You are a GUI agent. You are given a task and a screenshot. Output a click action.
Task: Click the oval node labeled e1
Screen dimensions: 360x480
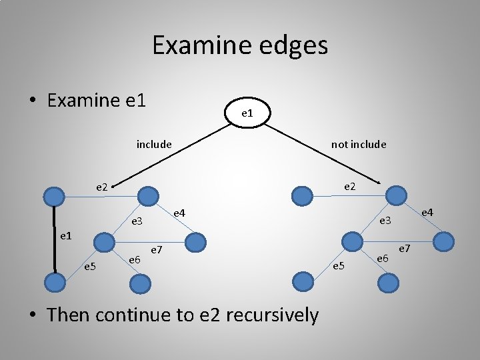[247, 113]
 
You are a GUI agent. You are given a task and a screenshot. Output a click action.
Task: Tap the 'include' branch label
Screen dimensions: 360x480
[154, 144]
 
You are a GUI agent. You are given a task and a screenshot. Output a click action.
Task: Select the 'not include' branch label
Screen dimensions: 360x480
[359, 144]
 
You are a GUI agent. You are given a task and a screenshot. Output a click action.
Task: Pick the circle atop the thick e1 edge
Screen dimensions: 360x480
[54, 195]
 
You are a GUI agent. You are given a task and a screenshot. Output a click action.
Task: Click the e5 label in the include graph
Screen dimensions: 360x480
[89, 267]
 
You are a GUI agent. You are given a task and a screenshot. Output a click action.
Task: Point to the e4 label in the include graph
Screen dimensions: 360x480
[179, 213]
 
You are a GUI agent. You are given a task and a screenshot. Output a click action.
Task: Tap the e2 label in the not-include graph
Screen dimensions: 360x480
[350, 187]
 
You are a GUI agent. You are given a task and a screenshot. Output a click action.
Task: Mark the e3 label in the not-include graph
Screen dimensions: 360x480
[386, 221]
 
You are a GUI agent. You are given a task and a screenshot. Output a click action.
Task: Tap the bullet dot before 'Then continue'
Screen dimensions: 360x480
[32, 315]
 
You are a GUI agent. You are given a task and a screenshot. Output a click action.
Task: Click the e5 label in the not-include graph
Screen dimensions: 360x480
[339, 267]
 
